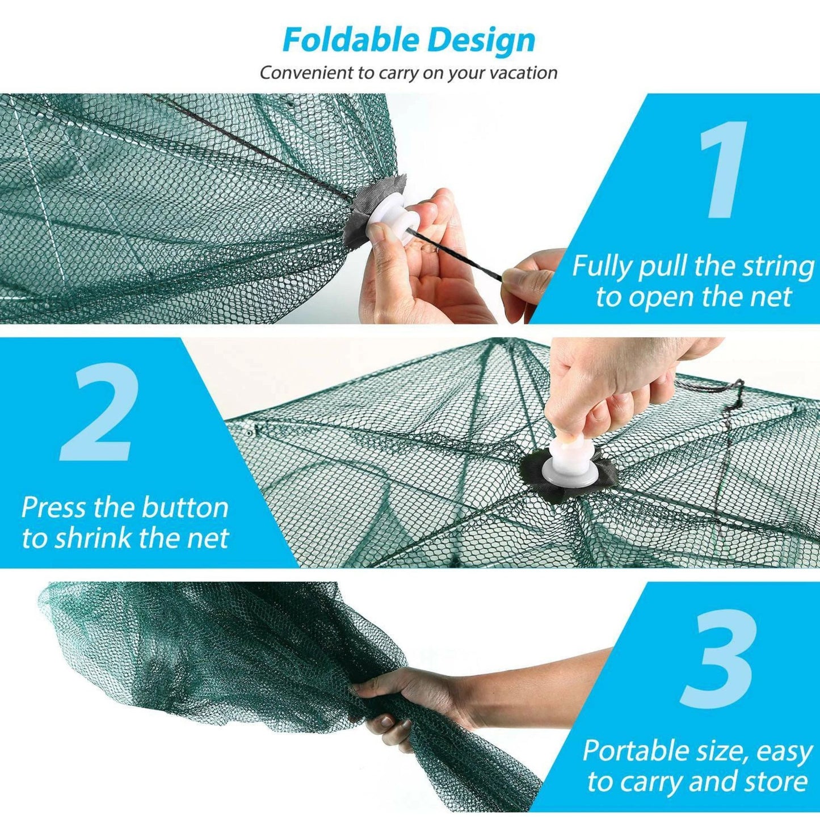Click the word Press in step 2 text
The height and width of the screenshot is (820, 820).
[x=54, y=507]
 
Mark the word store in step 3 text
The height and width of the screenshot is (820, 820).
[x=777, y=781]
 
